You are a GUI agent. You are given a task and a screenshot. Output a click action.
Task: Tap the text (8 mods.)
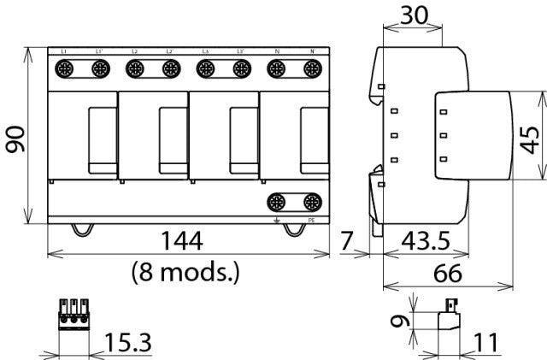tap(185, 273)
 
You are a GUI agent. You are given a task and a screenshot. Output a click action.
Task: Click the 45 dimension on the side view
tap(530, 136)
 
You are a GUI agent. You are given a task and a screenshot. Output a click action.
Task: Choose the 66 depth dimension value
tap(447, 274)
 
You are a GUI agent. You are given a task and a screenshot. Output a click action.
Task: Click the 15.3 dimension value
tap(127, 344)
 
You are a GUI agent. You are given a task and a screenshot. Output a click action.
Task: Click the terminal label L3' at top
tap(242, 52)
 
